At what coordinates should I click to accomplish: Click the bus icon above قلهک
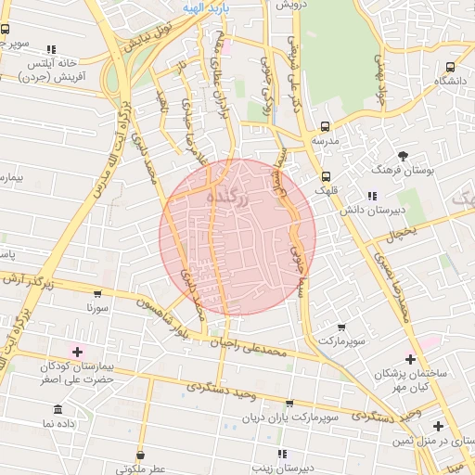point(326,175)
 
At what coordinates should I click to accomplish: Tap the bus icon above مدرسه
point(325,126)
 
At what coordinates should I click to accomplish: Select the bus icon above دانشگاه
point(450,67)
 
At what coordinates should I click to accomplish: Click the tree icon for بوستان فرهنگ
point(402,156)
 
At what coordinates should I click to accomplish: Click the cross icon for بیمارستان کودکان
point(76,351)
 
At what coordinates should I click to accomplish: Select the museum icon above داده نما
point(59,409)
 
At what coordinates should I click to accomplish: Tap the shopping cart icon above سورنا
point(98,293)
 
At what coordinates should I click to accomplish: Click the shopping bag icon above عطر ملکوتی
point(140,456)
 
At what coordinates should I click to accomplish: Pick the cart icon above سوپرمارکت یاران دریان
point(289,404)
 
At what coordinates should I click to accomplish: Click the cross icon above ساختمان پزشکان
point(409,358)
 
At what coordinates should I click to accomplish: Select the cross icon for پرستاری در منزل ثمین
point(439,426)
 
